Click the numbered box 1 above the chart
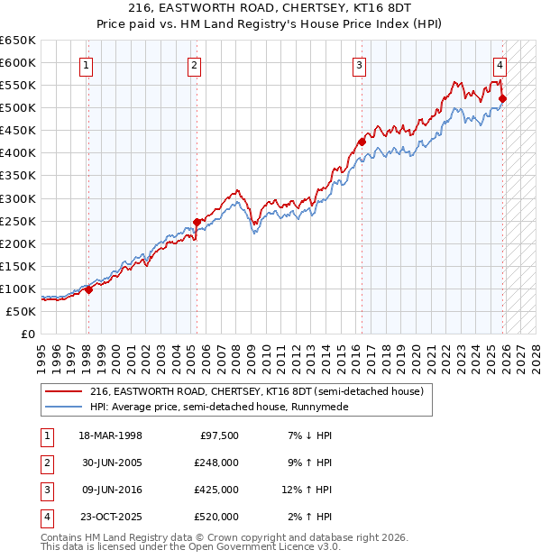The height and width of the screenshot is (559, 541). coord(87,64)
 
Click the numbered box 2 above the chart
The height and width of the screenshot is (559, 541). coord(195,64)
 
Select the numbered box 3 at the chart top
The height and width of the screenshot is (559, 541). coord(359,64)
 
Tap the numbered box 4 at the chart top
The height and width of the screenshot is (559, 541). coord(499,64)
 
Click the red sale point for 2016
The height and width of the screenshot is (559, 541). coord(362,142)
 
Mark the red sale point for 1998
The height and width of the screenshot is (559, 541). coord(88,289)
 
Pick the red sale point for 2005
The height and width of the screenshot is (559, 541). coord(197,222)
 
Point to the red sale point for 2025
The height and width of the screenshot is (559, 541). coord(502,98)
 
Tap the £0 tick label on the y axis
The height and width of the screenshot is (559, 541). coord(29,334)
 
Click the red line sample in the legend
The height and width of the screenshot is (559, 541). coord(63,391)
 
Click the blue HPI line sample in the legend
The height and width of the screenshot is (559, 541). coord(63,407)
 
